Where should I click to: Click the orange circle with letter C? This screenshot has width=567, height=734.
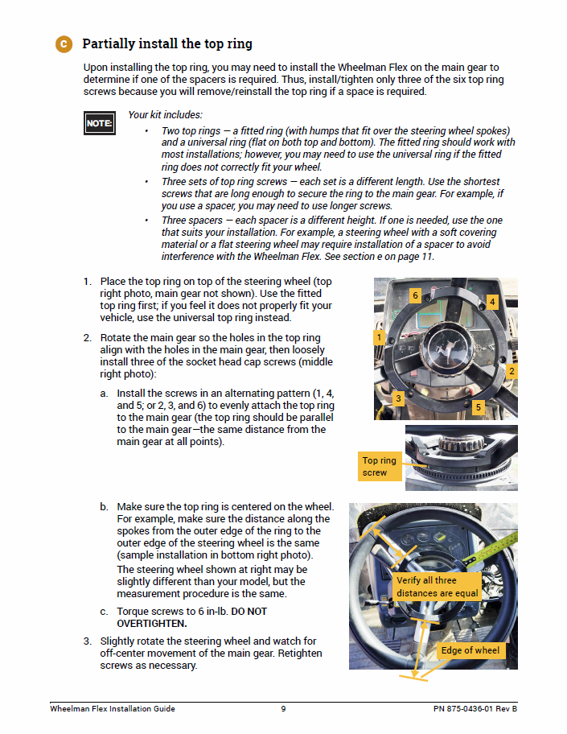[64, 43]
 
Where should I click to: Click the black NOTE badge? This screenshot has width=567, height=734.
[99, 123]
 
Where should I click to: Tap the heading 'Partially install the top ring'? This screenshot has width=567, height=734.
[167, 43]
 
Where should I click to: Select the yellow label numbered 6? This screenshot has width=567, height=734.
[415, 295]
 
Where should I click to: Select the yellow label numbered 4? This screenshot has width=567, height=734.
[491, 302]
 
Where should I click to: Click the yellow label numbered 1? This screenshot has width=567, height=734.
[379, 337]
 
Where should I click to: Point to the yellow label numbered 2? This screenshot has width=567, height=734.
[511, 371]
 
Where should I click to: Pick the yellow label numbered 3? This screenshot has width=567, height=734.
[398, 398]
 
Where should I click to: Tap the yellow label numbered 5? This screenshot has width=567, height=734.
[478, 407]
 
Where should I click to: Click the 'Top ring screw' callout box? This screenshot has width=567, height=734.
[380, 467]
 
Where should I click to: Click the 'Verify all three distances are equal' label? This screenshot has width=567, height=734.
[437, 587]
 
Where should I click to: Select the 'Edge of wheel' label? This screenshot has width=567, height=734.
[470, 650]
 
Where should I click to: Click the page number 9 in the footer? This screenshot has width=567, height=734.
[283, 708]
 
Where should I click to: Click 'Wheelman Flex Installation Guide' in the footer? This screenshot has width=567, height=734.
[112, 708]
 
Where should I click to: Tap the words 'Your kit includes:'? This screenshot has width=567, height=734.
[165, 115]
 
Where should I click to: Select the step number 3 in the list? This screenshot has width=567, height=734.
[87, 641]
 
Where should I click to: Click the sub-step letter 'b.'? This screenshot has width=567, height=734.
[105, 507]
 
